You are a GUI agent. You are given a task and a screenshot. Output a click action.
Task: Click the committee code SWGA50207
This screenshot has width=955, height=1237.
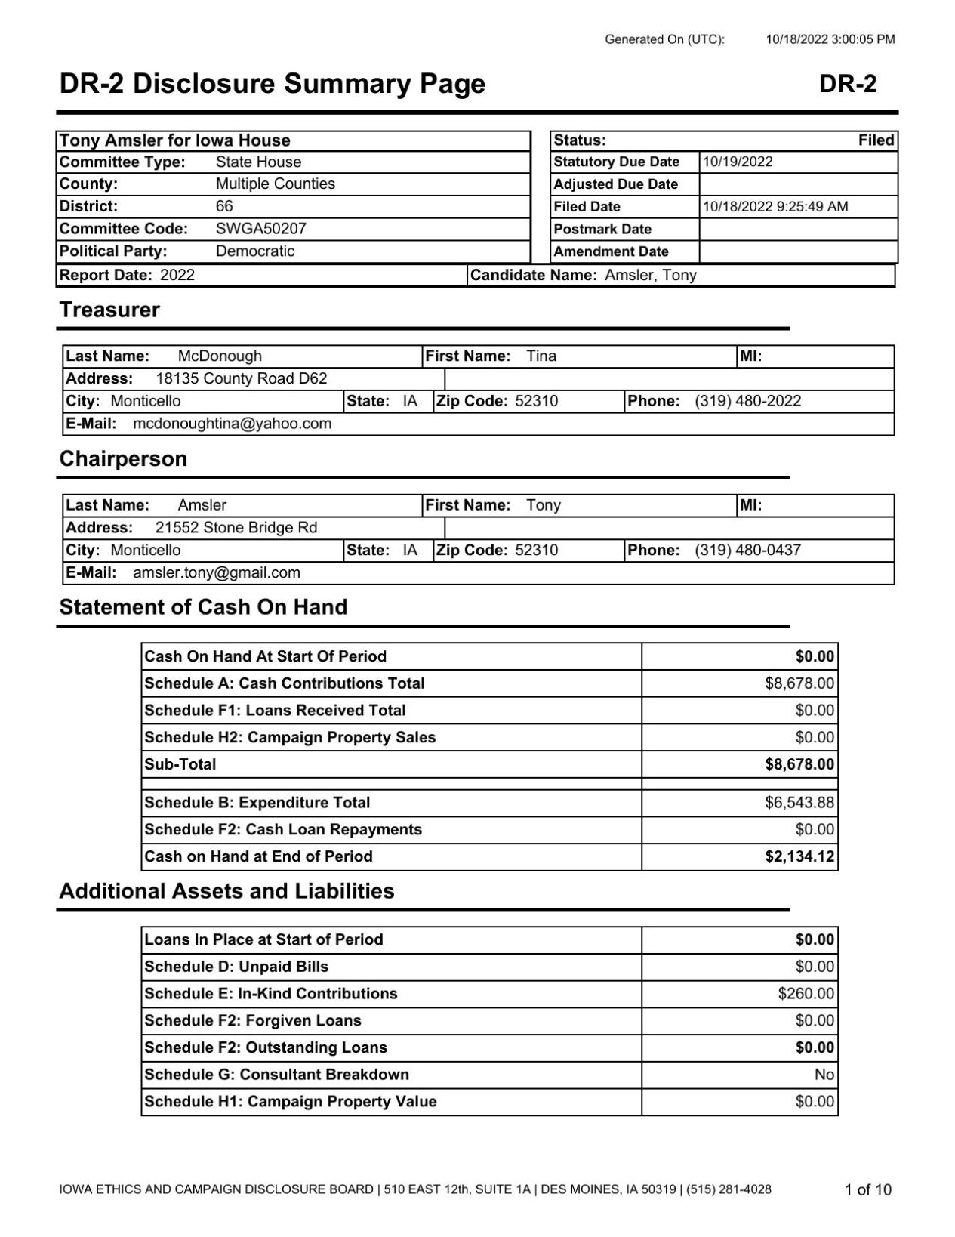coord(260,229)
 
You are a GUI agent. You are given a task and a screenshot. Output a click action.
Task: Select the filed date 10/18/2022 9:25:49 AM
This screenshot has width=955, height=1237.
coord(775,207)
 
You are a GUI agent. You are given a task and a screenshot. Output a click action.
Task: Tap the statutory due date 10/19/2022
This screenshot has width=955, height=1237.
coord(738,162)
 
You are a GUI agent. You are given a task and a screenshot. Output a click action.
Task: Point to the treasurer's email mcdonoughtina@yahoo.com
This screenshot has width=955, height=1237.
coord(232,424)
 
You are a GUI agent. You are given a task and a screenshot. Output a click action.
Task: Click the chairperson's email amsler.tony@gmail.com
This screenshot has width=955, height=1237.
coord(217,573)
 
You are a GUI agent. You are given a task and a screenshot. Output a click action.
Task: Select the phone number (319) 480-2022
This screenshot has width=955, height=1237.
coord(747,401)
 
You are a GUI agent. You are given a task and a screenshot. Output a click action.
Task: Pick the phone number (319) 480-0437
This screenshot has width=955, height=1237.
coord(747,551)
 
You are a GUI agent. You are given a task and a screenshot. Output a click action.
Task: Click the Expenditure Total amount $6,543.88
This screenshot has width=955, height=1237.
coord(799,803)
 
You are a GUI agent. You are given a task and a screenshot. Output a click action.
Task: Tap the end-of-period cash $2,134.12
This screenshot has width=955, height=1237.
coord(799,857)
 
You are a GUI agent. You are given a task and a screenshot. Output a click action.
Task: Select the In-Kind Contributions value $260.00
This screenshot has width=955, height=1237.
coord(806,994)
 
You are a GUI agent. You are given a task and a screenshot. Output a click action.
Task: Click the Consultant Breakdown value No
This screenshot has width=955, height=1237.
coord(824,1075)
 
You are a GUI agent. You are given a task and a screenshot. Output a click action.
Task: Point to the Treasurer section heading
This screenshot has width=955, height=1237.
coord(109,310)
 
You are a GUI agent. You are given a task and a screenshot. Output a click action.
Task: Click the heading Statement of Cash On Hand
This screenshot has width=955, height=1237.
coord(203,608)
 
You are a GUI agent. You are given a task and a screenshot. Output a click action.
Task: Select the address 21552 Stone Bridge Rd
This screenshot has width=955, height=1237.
coord(236,528)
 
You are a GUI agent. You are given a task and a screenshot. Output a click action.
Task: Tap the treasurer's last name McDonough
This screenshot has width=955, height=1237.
coord(220,356)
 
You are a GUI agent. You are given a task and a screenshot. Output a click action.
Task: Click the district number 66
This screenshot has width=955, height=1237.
coord(224,206)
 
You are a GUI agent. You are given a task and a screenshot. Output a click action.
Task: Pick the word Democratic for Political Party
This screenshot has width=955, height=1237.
coord(254,251)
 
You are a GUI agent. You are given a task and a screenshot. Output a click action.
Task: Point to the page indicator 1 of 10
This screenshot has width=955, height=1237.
coord(867,1190)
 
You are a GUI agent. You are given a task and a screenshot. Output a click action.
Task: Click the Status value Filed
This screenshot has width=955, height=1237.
coord(876,140)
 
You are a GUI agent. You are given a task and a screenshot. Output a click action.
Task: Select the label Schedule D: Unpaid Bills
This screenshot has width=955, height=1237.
coord(236,967)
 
